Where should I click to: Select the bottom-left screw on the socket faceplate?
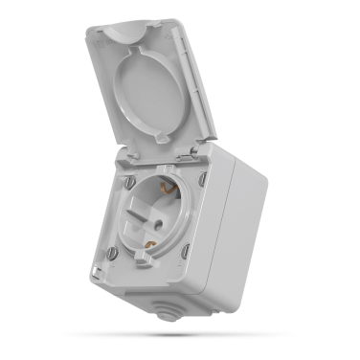coord(113,253)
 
